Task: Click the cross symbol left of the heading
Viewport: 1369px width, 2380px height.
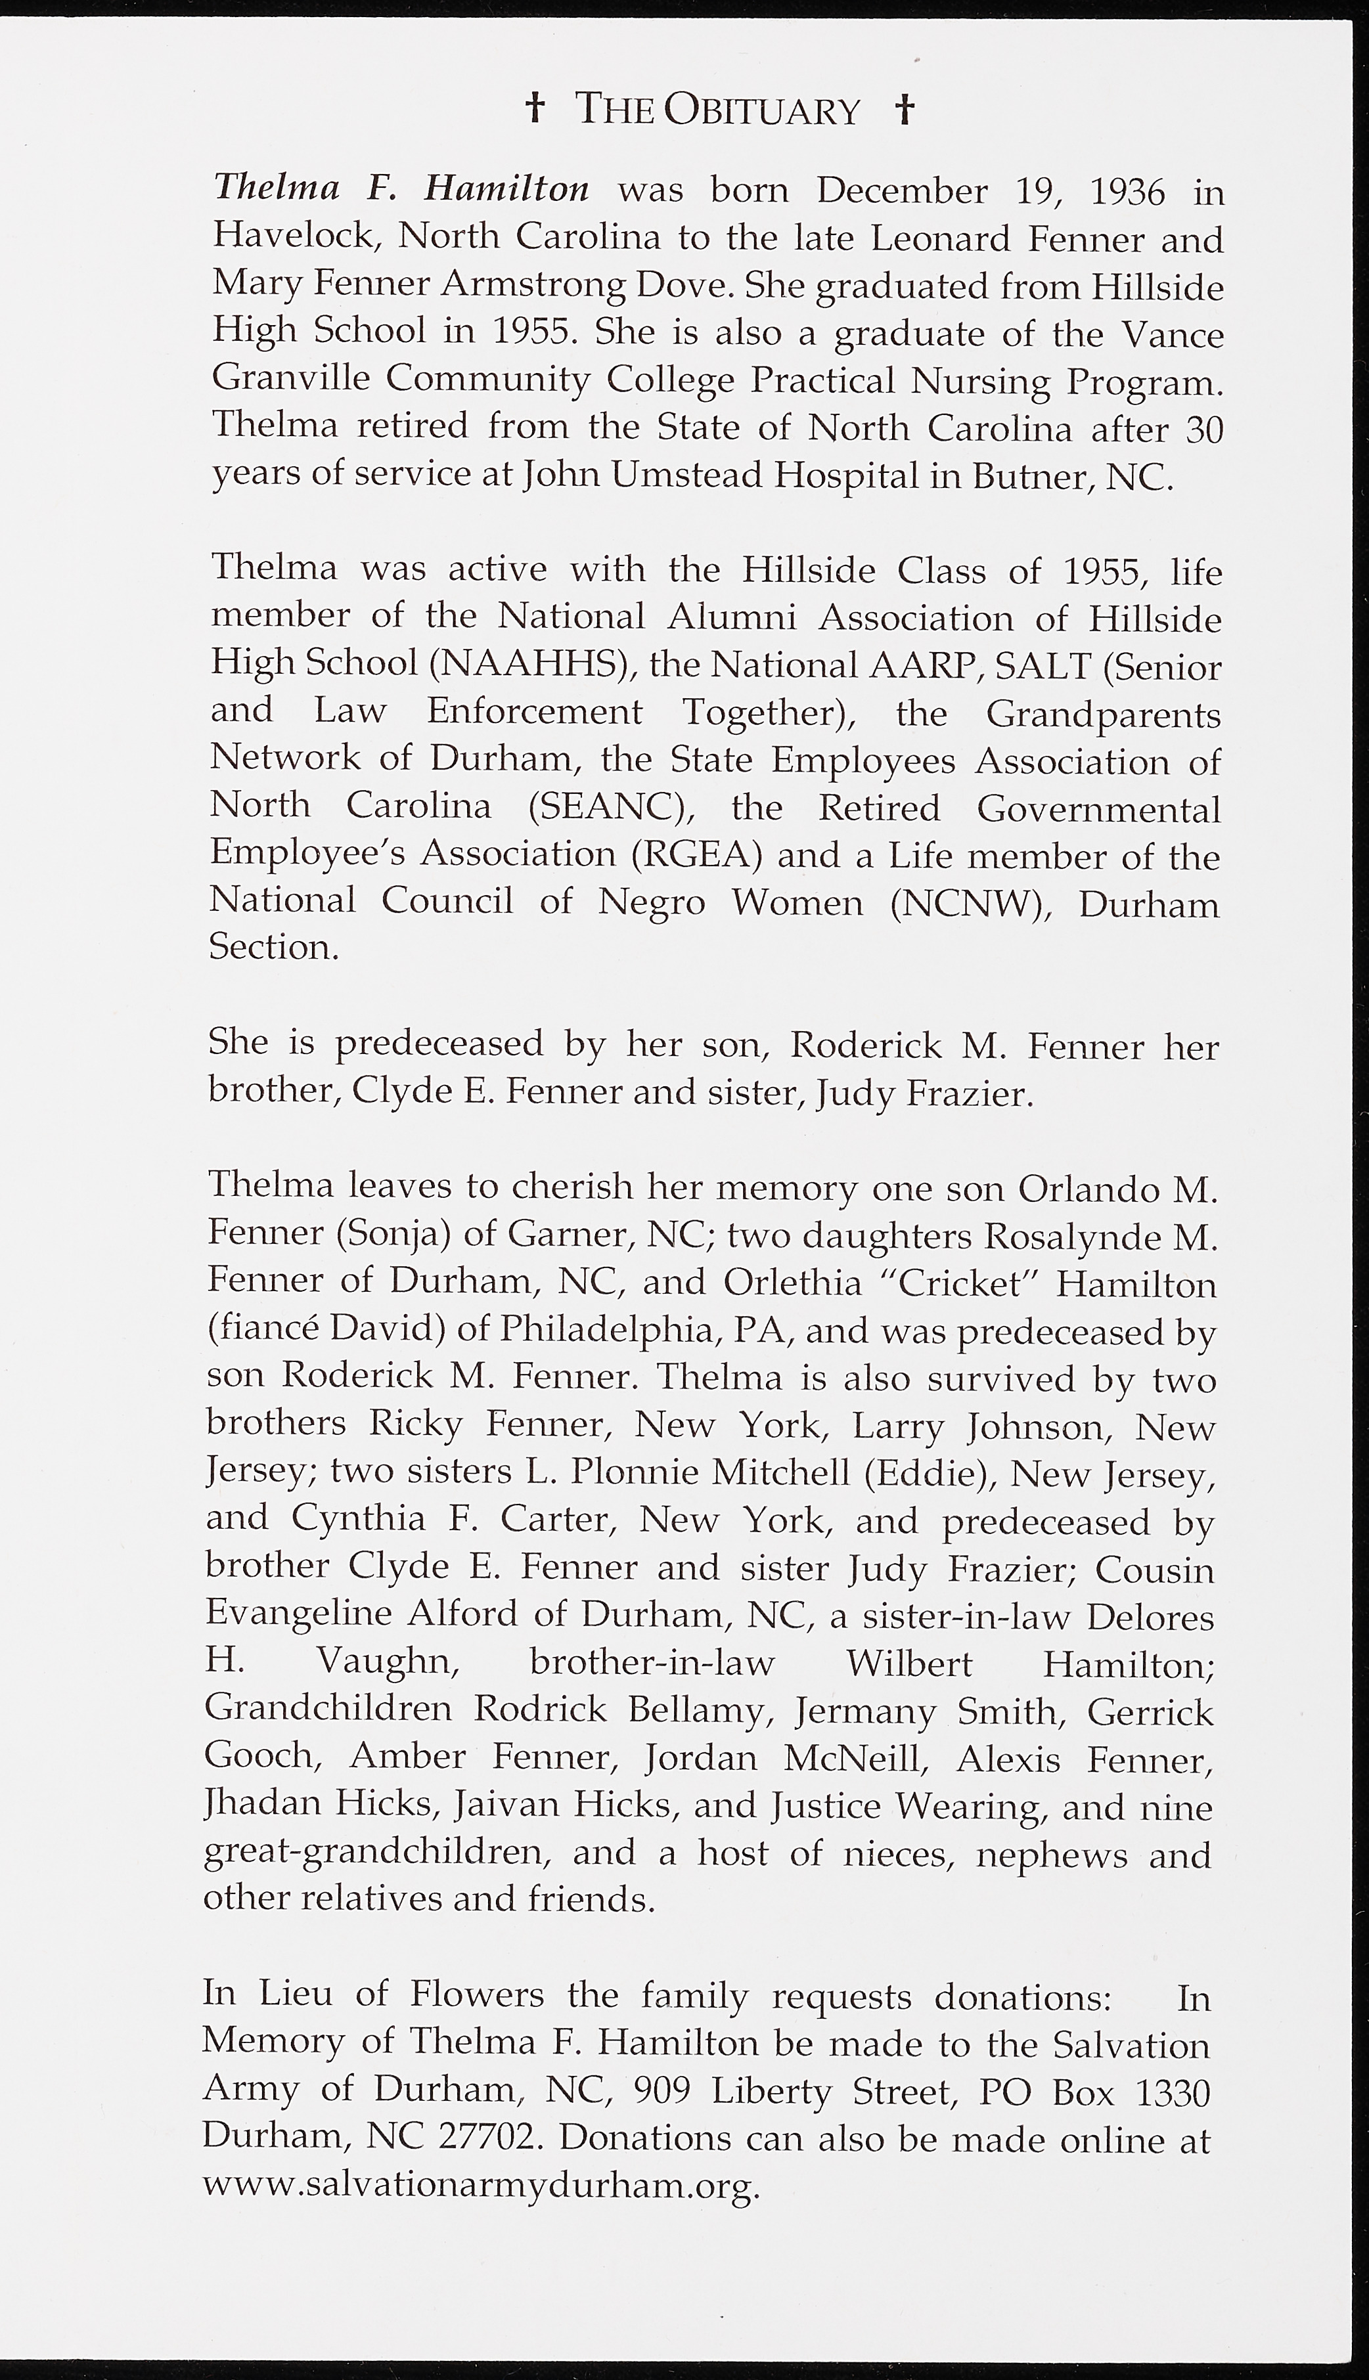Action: coord(534,109)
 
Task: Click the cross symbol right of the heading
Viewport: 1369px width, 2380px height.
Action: coord(905,109)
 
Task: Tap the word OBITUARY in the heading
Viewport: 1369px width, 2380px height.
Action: coord(761,111)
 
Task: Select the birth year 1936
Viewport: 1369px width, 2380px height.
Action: coord(1127,192)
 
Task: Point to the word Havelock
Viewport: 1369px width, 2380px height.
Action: coord(294,235)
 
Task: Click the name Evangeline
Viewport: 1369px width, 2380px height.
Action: coord(298,1614)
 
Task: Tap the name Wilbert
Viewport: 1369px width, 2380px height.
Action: coord(909,1663)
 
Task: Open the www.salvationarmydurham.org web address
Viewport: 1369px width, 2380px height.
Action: coord(480,2186)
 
